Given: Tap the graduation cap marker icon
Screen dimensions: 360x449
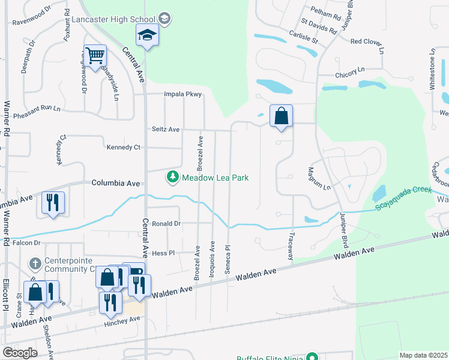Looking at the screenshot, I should (x=146, y=36).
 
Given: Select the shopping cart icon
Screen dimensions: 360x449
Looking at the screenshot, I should (x=95, y=56).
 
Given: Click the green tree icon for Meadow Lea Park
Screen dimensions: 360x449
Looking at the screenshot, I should (x=173, y=178).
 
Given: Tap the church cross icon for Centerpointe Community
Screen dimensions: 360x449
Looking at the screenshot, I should (x=36, y=263).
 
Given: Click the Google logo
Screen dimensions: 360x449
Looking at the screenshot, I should (x=20, y=353).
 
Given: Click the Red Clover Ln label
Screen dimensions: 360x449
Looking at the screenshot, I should (x=366, y=41).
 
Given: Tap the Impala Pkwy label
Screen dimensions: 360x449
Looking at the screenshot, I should (x=183, y=94).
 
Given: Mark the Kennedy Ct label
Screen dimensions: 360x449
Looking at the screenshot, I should (x=123, y=147).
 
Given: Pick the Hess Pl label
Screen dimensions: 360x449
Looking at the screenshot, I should (x=163, y=253).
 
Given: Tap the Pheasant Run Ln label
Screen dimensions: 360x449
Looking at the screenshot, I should (x=37, y=109).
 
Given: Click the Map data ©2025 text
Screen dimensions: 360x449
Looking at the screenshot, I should (x=423, y=355).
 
